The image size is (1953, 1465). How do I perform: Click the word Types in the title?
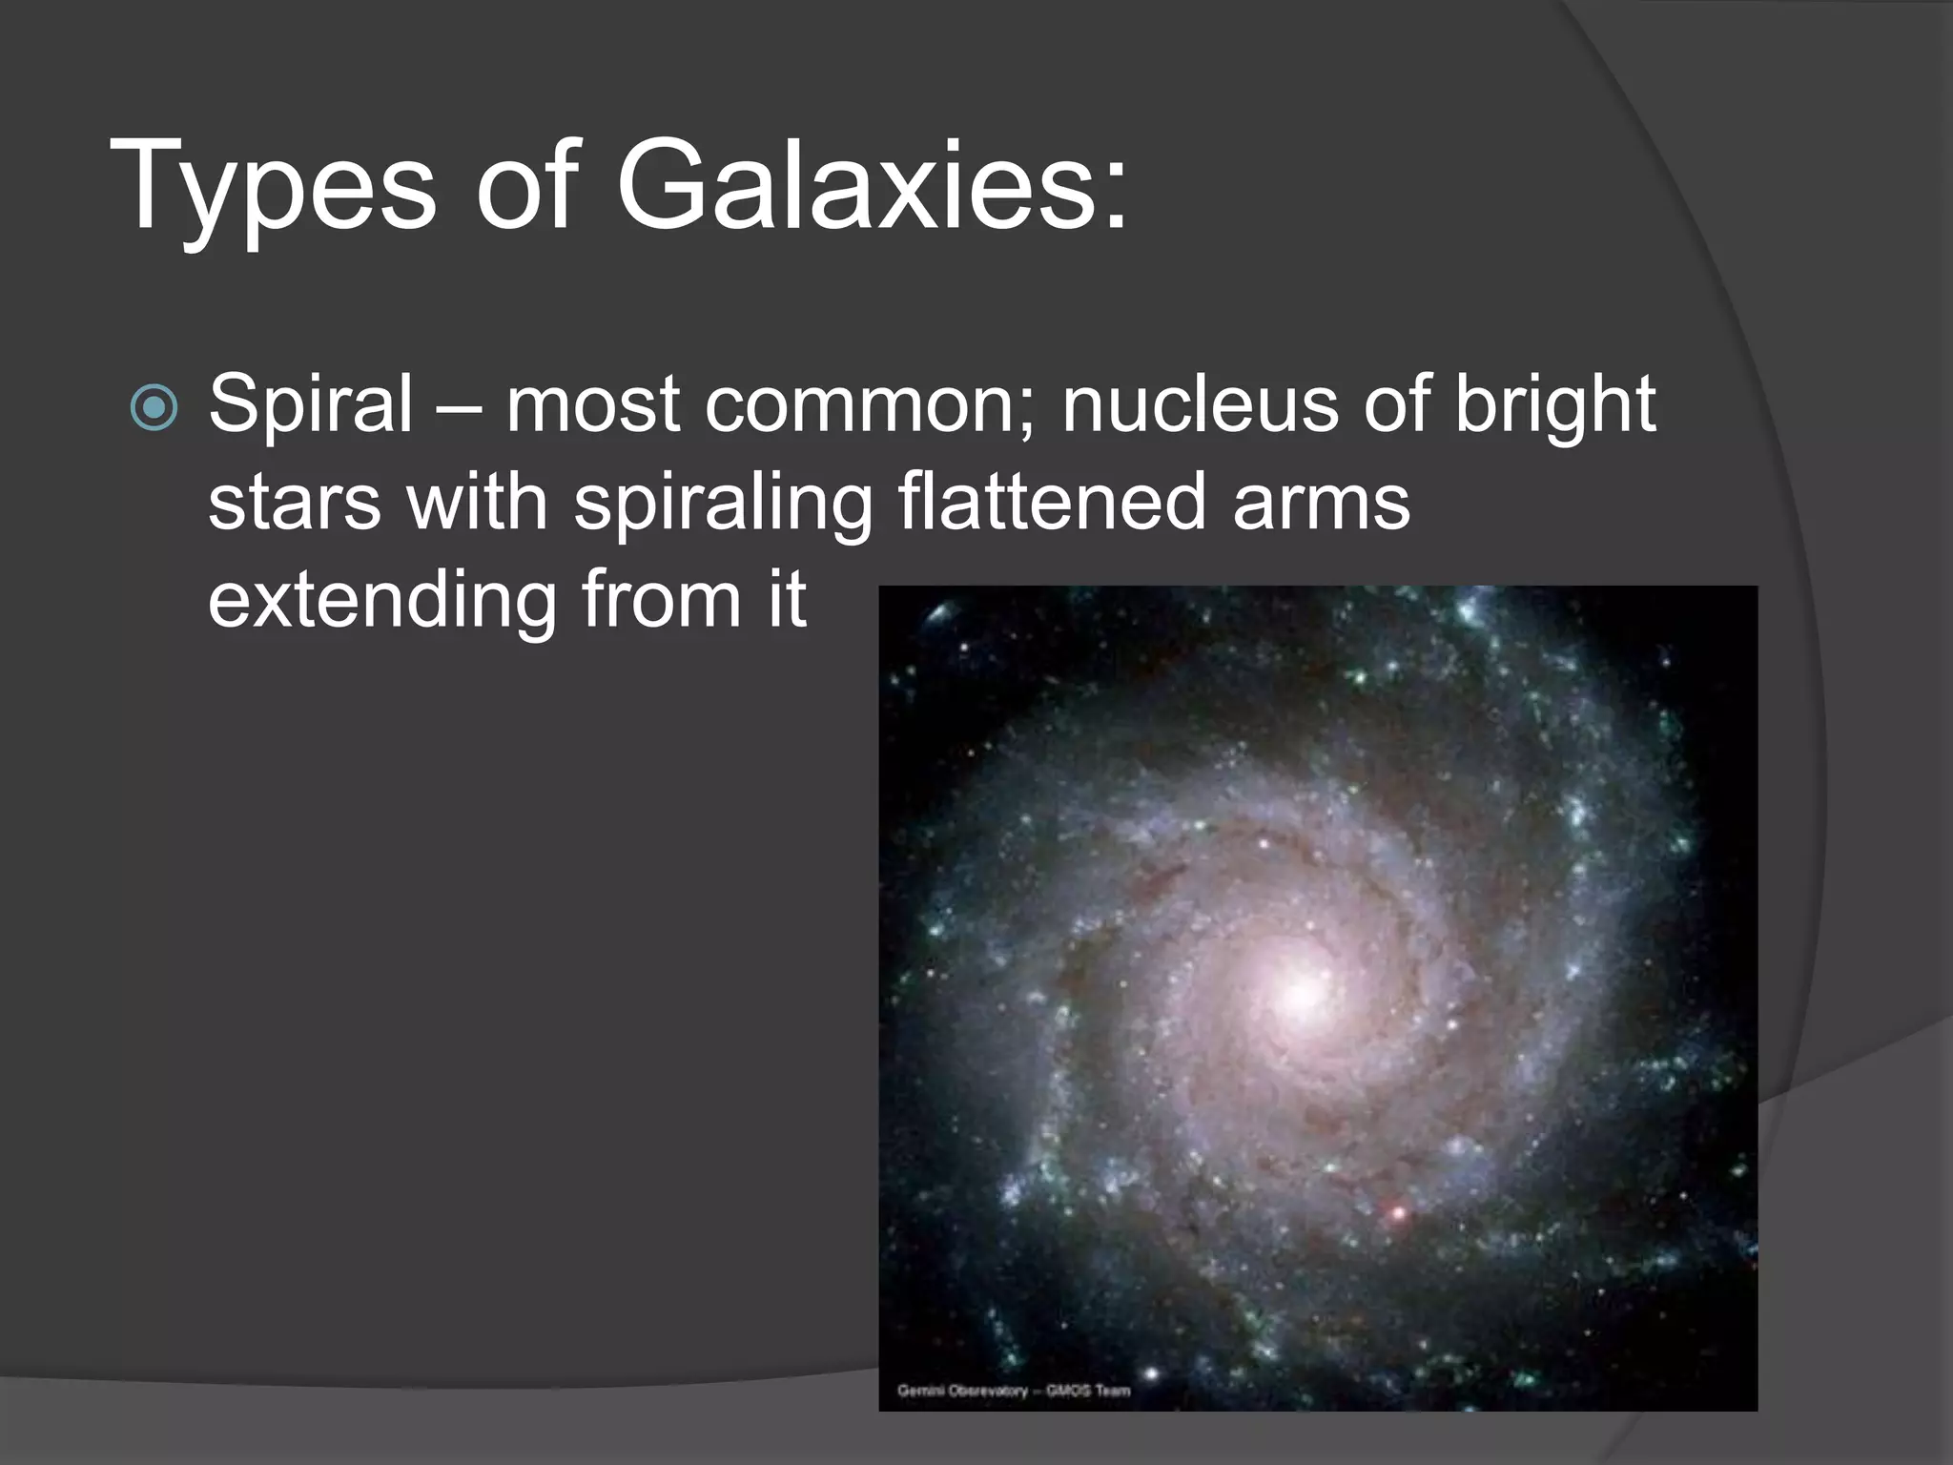(x=273, y=187)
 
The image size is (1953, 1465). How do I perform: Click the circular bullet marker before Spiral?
(x=154, y=408)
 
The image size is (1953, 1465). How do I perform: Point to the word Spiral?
(x=311, y=405)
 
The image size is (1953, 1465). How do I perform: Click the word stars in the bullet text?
(x=294, y=504)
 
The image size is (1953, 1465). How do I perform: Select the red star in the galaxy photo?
(x=1399, y=1214)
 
